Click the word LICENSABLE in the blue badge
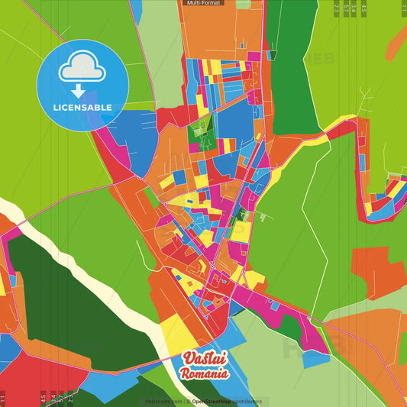[82, 107]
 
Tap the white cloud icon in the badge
[82, 69]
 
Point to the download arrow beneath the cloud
[78, 91]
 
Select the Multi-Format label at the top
[201, 4]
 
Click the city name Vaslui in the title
[202, 359]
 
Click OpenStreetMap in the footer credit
[216, 401]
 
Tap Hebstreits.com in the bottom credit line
[163, 401]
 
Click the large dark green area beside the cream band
[69, 298]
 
